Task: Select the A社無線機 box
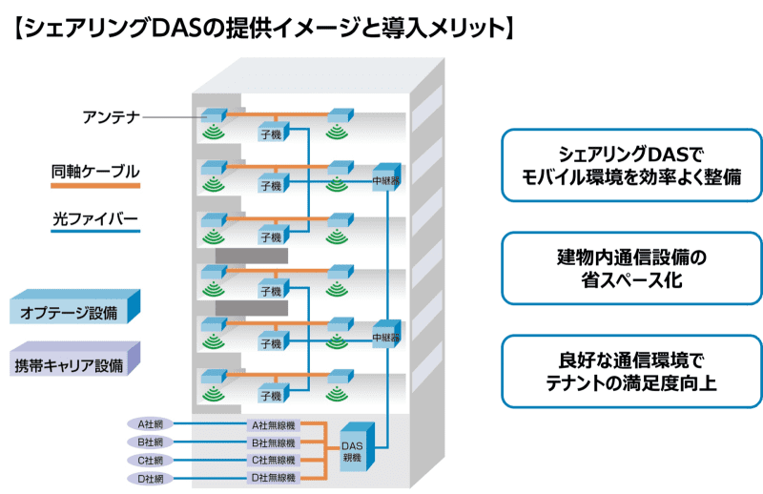[x=273, y=425]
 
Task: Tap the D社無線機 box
[x=273, y=477]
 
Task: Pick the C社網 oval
[x=152, y=460]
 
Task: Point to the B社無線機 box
[x=273, y=443]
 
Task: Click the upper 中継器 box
[x=384, y=177]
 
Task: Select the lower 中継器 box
[x=384, y=336]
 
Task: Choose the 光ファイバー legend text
[x=95, y=219]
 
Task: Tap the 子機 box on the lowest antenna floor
[x=271, y=394]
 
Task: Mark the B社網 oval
[x=152, y=443]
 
